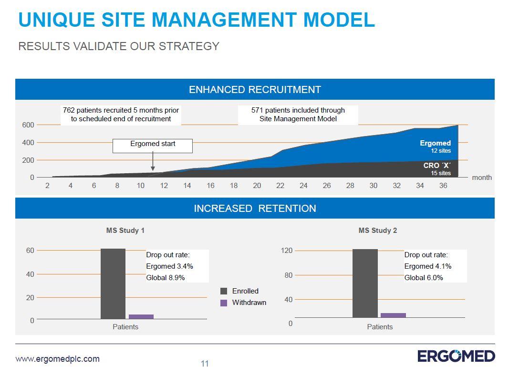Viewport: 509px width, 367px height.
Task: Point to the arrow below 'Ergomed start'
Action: click(153, 162)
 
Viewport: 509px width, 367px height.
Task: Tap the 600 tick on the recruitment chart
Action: click(28, 125)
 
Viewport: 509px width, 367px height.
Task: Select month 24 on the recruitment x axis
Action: click(303, 186)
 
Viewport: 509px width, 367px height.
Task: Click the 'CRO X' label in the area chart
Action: click(436, 166)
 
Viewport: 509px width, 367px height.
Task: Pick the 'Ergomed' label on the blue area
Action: click(435, 143)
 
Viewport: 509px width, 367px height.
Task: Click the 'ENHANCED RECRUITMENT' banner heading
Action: click(255, 90)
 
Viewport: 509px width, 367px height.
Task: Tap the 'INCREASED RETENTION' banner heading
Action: click(255, 209)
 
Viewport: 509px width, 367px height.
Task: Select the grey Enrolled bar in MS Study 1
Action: click(113, 283)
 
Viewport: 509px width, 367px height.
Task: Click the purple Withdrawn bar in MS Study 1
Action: click(141, 316)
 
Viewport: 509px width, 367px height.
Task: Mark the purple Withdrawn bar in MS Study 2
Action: click(393, 315)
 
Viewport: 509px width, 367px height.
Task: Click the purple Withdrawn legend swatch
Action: click(224, 303)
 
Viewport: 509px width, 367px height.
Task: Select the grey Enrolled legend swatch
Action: click(224, 291)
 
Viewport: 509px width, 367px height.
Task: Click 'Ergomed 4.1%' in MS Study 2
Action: click(427, 266)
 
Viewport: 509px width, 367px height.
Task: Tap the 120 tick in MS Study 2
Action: click(287, 251)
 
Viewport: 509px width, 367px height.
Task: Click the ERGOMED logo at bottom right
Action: click(456, 356)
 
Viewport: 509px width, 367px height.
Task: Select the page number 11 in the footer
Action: click(205, 364)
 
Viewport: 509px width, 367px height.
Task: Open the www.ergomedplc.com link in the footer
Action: click(58, 359)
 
